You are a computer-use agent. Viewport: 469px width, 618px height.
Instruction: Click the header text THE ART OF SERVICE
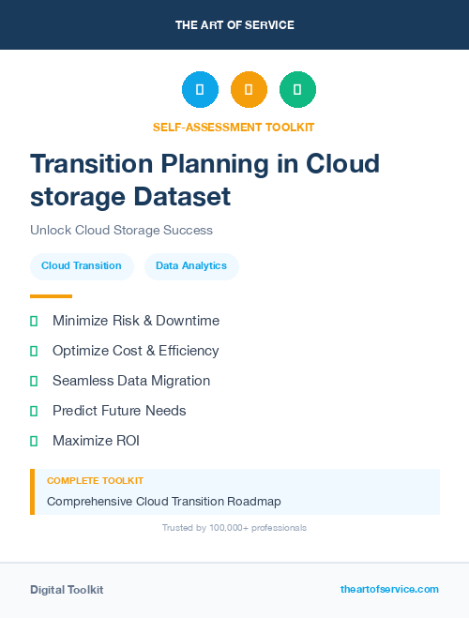234,25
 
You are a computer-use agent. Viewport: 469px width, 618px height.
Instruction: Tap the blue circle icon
200,90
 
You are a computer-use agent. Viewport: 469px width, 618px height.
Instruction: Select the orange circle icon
249,90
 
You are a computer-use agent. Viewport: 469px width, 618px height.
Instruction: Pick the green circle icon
297,90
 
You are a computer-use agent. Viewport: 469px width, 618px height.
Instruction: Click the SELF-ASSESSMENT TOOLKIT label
234,127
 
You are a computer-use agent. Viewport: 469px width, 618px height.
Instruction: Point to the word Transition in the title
91,163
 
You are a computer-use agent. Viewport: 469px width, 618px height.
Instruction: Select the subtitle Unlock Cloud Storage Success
121,230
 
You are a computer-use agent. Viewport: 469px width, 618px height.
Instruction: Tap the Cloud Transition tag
82,265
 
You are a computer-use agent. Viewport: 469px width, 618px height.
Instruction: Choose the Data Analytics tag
191,265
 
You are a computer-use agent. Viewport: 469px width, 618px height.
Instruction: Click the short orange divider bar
51,296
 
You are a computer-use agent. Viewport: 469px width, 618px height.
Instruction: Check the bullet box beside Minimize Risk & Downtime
34,321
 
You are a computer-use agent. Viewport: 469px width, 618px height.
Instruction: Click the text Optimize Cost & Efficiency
135,351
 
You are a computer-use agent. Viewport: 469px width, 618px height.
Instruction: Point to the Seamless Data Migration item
131,381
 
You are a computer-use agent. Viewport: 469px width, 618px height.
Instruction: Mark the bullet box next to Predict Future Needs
34,411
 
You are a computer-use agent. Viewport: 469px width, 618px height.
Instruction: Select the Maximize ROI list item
96,441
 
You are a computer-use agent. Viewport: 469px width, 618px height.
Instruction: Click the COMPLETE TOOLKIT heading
95,480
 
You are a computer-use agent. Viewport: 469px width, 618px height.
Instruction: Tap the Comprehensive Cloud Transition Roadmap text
164,502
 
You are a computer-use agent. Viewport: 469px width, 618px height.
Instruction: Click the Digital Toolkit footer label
67,590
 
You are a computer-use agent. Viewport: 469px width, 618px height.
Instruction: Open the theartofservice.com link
389,589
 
